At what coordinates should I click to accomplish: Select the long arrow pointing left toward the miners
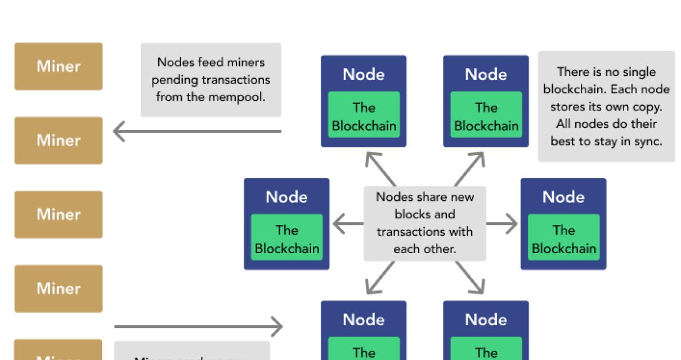point(197,132)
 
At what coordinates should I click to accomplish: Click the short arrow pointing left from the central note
point(348,224)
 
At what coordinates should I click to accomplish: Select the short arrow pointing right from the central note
point(501,224)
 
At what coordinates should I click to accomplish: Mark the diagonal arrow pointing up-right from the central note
point(471,167)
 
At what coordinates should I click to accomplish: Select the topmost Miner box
point(59,66)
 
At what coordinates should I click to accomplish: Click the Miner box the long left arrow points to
point(59,141)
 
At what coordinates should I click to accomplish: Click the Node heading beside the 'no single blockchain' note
point(486,74)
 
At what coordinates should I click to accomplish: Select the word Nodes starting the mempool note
point(175,62)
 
